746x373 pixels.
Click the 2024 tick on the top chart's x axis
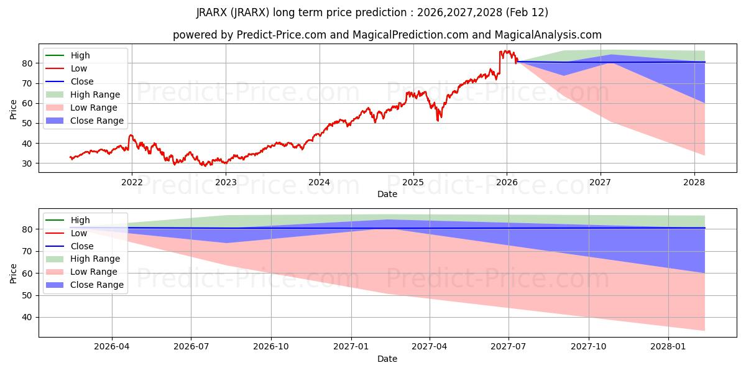320,182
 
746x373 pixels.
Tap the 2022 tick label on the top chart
131,182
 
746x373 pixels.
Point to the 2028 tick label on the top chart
694,182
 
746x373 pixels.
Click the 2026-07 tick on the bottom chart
191,347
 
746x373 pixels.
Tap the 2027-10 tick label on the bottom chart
588,347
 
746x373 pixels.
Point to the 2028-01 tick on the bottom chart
668,347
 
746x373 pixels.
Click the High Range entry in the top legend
95,94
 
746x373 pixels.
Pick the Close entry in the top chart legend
82,81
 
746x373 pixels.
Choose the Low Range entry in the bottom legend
94,272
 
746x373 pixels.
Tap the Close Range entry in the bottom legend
97,285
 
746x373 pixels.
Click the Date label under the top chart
387,194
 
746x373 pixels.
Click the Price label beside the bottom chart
14,273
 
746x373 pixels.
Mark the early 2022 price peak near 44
131,135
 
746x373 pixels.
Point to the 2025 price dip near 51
438,120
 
